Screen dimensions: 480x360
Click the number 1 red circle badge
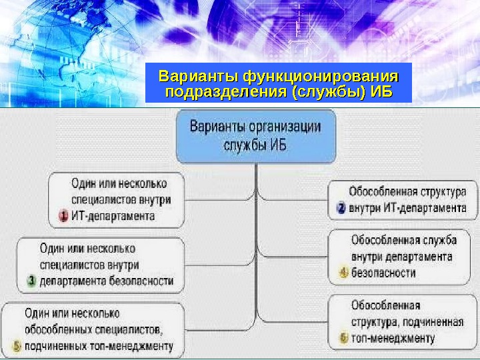click(63, 216)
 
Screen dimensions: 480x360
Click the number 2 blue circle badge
click(340, 208)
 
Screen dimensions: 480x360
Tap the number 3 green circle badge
click(31, 281)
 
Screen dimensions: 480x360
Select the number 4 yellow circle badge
click(343, 272)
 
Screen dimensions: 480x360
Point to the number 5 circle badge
click(16, 346)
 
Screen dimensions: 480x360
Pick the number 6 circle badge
click(343, 338)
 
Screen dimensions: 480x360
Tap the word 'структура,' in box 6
click(378, 322)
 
